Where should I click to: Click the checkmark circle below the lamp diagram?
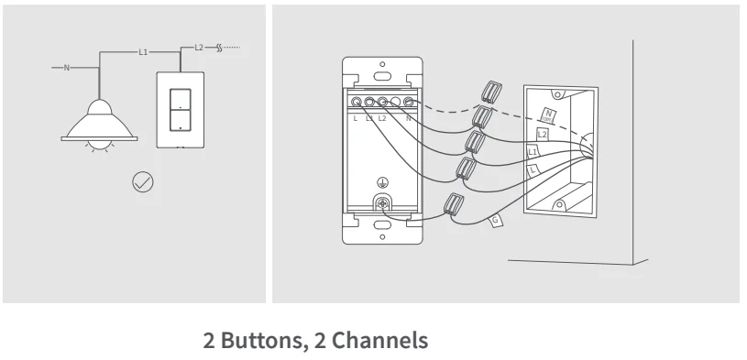[x=143, y=182]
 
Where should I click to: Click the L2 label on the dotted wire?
[x=200, y=46]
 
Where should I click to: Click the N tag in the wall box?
[x=549, y=114]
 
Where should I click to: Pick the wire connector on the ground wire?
[x=454, y=206]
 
